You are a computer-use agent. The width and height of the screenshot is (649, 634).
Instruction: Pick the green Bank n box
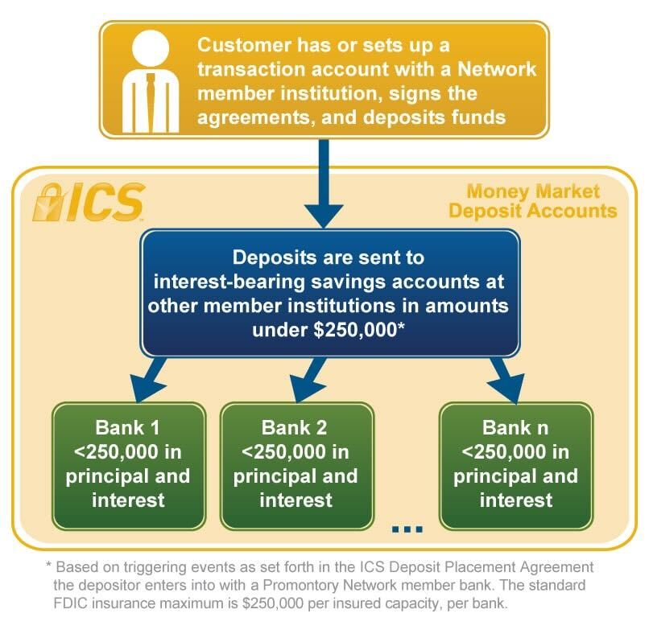click(515, 464)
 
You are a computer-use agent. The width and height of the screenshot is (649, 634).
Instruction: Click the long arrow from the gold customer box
click(324, 185)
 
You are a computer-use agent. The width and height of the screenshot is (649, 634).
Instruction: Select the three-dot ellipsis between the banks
click(407, 529)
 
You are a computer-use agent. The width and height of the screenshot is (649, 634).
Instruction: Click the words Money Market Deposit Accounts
click(533, 201)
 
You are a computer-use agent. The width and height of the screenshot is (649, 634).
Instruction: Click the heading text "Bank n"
click(515, 426)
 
